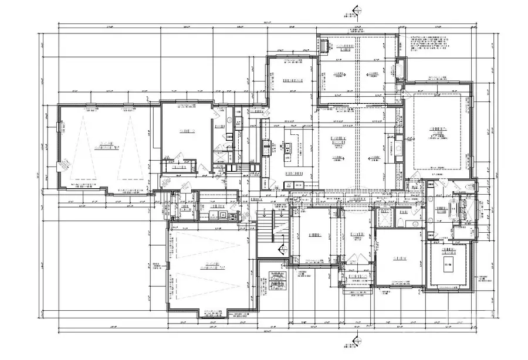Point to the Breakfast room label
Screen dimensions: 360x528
pos(292,80)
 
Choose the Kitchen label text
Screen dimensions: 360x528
pos(293,174)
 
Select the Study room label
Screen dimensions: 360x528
pos(401,257)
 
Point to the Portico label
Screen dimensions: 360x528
pos(357,276)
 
